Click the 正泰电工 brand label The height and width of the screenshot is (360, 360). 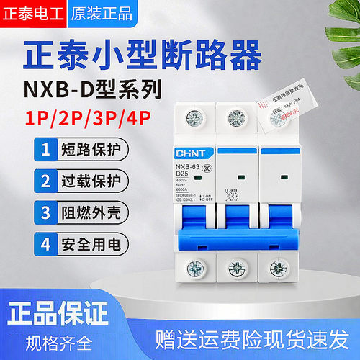tap(32, 13)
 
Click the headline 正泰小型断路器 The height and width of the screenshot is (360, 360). tap(180, 54)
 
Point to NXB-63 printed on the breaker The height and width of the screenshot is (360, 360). tap(188, 166)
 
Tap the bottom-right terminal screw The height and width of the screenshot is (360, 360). tap(277, 269)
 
